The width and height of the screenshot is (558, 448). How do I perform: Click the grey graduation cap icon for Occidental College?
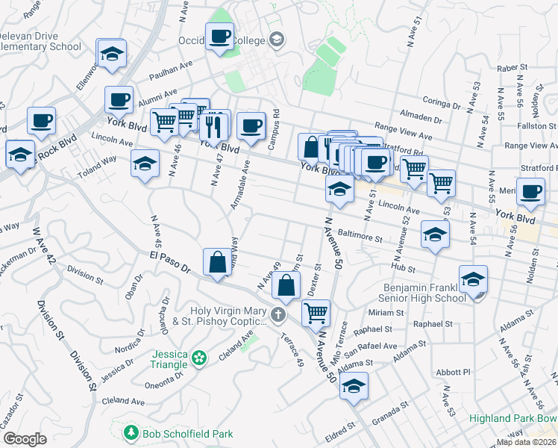tap(277, 39)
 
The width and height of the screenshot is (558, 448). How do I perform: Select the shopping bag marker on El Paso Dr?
tap(217, 262)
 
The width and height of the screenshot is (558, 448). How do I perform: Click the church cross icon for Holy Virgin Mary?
tap(278, 314)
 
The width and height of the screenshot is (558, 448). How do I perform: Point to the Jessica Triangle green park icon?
tap(198, 359)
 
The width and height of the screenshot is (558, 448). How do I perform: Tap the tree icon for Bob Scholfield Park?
tap(131, 432)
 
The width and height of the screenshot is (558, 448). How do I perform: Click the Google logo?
tap(25, 439)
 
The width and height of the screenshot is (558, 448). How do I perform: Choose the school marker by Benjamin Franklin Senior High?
tap(473, 280)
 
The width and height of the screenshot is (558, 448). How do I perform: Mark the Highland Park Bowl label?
tap(513, 418)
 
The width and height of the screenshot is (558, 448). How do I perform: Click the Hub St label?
tap(407, 267)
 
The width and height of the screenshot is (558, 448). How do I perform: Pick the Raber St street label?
tap(512, 68)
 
